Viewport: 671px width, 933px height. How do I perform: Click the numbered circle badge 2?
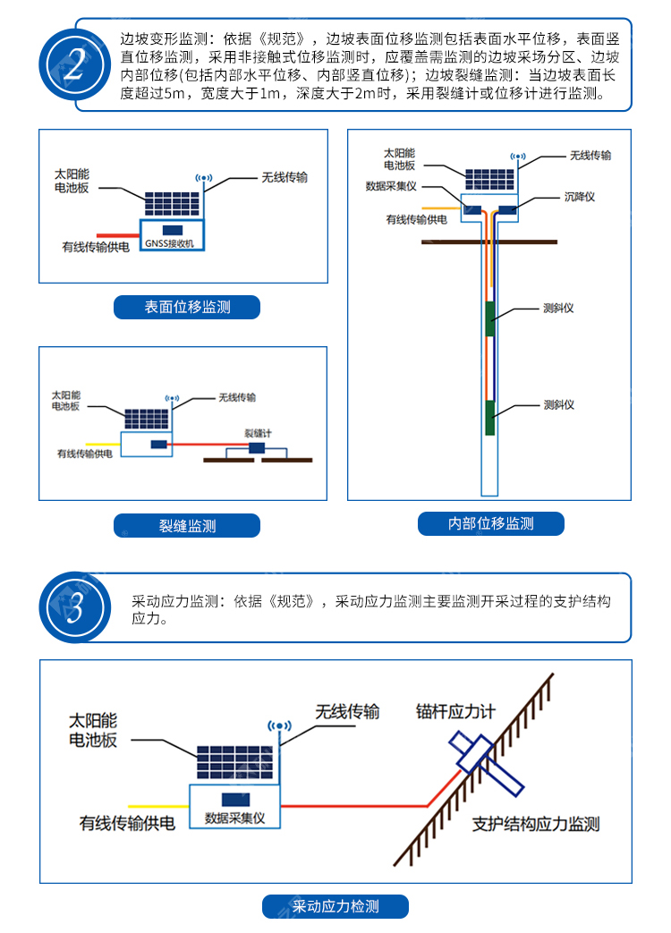tap(75, 65)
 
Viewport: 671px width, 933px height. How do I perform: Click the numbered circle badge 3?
tap(75, 607)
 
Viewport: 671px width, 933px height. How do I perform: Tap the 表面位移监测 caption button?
tap(187, 307)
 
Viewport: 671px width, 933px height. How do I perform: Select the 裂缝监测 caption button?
tap(187, 525)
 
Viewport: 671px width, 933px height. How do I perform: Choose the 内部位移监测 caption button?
tap(491, 523)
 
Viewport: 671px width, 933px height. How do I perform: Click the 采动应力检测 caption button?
tap(335, 906)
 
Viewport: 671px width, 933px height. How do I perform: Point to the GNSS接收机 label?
tap(169, 243)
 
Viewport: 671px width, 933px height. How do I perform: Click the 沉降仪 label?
tap(580, 197)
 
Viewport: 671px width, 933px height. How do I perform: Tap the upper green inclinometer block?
tap(490, 319)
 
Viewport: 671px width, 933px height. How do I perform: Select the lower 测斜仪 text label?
tap(558, 404)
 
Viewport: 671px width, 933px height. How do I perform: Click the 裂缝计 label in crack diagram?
tap(258, 433)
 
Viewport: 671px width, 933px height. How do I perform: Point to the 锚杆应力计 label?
tap(455, 712)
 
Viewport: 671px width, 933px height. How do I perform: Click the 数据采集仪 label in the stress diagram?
tap(235, 818)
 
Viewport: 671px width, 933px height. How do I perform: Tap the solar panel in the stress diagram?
tap(235, 763)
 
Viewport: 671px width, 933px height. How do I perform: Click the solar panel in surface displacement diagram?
tap(173, 204)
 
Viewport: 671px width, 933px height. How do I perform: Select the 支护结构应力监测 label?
tap(536, 824)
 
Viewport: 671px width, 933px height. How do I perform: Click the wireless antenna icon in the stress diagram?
tap(279, 726)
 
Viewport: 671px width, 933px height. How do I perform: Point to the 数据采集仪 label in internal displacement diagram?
tap(391, 186)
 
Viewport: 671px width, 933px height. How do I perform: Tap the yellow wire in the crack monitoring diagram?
tap(103, 445)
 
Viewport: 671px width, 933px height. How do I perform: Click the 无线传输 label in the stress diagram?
tap(347, 712)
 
